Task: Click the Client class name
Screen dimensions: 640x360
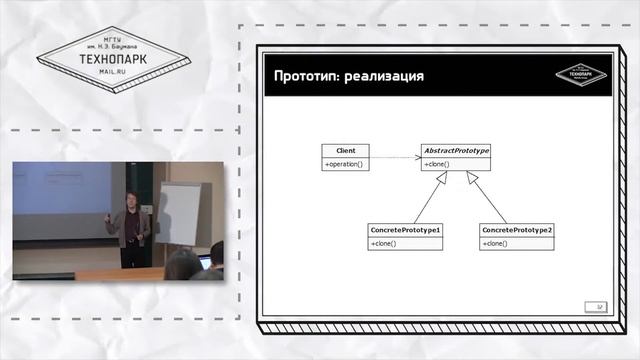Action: coord(346,150)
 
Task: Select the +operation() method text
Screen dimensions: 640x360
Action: coord(344,163)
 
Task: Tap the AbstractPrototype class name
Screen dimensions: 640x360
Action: coord(456,150)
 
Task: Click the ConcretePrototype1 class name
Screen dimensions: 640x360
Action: coord(405,230)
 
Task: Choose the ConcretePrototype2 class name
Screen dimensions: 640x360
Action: coord(516,230)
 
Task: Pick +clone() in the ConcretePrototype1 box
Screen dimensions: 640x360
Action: coord(384,243)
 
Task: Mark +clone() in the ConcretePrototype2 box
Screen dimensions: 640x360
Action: coord(495,243)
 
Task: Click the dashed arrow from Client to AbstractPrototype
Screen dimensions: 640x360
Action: coord(395,157)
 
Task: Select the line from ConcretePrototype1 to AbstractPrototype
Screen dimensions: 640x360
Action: coord(428,199)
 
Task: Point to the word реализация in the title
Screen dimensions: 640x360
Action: coord(384,77)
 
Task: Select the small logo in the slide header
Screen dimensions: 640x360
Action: coord(587,73)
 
